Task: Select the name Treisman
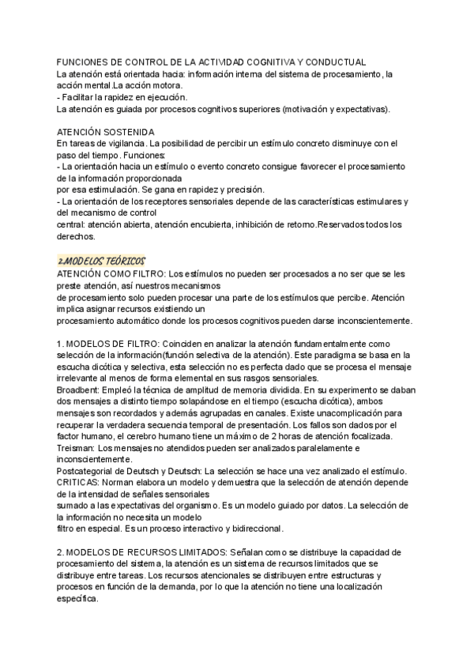[x=77, y=449]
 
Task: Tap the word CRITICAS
[x=79, y=483]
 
